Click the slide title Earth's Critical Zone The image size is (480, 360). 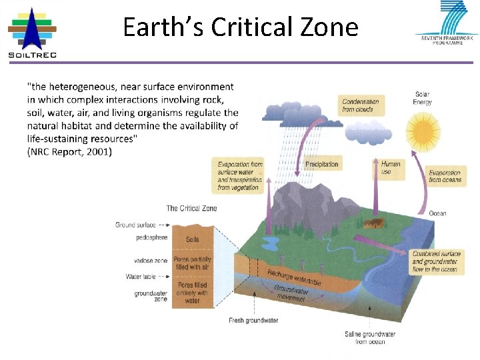pos(241,27)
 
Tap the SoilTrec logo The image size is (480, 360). pos(31,33)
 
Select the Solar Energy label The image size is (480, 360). pos(423,98)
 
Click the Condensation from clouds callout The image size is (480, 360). pos(361,105)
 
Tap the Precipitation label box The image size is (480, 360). pos(321,164)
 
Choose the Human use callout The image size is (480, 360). pos(391,168)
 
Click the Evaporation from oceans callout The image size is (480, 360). pos(445,176)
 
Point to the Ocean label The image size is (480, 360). pos(438,213)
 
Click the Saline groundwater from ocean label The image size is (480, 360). pos(370,337)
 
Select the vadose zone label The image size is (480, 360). pos(151,261)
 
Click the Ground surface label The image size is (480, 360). pos(135,225)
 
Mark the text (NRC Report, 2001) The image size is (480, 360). pos(70,152)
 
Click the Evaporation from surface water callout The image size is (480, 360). pos(240,175)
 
